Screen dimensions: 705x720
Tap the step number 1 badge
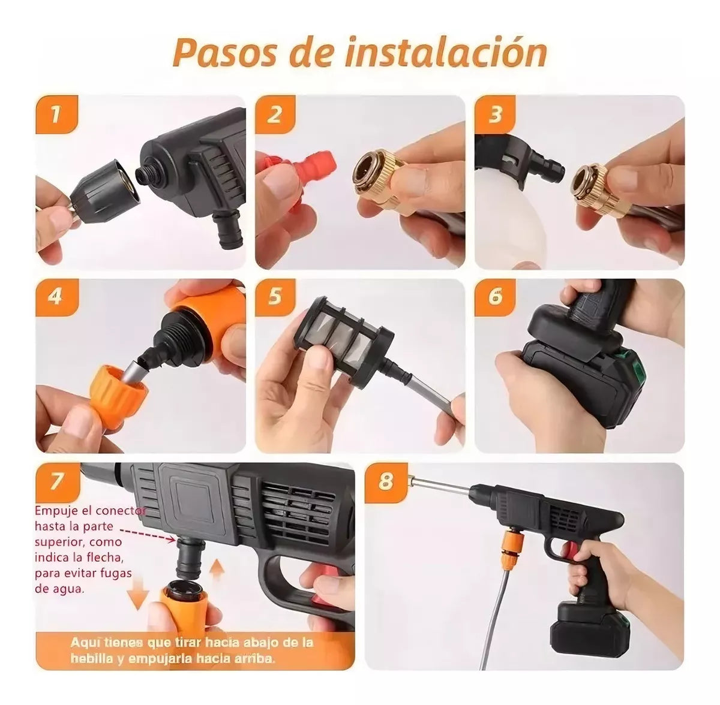pos(56,114)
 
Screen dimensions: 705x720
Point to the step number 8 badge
pos(385,481)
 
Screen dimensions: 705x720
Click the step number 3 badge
pos(495,114)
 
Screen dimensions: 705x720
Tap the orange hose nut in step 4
pos(119,392)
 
